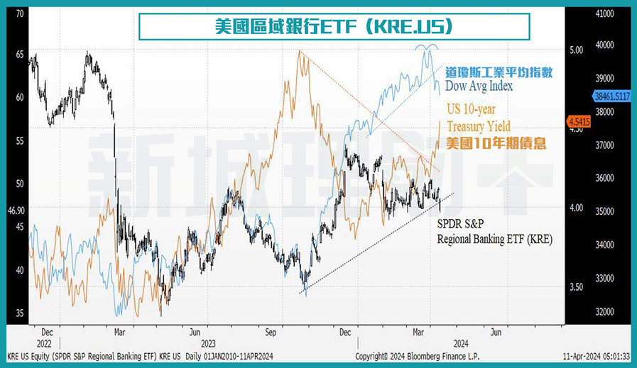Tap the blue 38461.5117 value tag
[611, 95]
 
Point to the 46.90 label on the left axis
[16, 211]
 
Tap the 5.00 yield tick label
[576, 50]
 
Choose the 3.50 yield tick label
[576, 287]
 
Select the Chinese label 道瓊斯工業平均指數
[499, 72]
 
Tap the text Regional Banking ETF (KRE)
[494, 239]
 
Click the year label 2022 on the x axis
[46, 341]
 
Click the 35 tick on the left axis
[19, 313]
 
